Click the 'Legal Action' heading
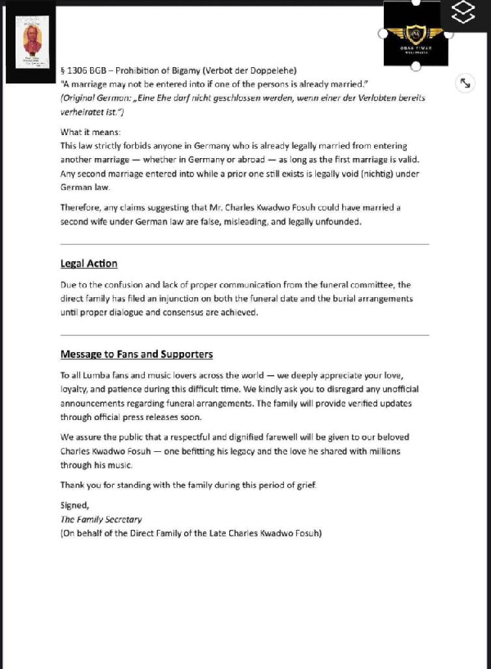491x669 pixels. click(x=88, y=264)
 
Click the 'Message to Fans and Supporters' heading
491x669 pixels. click(x=137, y=355)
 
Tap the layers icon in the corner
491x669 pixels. click(x=463, y=14)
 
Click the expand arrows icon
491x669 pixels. click(x=464, y=83)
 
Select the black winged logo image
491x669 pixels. click(x=416, y=34)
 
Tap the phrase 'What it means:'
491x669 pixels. click(x=90, y=132)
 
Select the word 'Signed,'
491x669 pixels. click(x=74, y=505)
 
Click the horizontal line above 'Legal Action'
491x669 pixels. click(x=245, y=244)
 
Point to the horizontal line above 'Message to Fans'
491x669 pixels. click(x=245, y=335)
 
